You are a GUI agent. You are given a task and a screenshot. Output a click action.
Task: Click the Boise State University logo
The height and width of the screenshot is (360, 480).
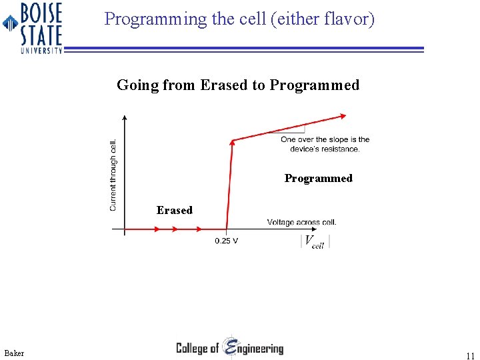pyautogui.click(x=33, y=27)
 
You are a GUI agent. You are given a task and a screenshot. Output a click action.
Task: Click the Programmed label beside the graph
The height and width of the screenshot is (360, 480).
pyautogui.click(x=318, y=178)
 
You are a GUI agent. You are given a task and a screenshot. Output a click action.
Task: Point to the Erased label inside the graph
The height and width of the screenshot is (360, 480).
pyautogui.click(x=174, y=210)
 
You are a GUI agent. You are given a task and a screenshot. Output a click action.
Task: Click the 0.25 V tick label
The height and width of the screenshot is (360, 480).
pyautogui.click(x=227, y=241)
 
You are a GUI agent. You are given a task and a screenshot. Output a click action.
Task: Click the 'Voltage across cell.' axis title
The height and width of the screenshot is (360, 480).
pyautogui.click(x=301, y=222)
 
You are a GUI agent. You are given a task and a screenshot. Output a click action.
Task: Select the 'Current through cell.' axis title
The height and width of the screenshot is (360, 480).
pyautogui.click(x=113, y=175)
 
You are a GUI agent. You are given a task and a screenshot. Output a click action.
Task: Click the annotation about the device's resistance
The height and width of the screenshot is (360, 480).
pyautogui.click(x=325, y=144)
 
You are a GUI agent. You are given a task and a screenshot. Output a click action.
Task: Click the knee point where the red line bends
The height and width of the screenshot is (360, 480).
pyautogui.click(x=232, y=140)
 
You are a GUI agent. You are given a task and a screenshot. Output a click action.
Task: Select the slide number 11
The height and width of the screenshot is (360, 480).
pyautogui.click(x=471, y=356)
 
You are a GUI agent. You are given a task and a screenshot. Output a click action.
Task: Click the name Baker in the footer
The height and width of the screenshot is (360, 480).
pyautogui.click(x=13, y=353)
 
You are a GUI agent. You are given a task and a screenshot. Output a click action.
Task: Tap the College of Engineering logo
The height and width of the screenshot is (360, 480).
pyautogui.click(x=229, y=347)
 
